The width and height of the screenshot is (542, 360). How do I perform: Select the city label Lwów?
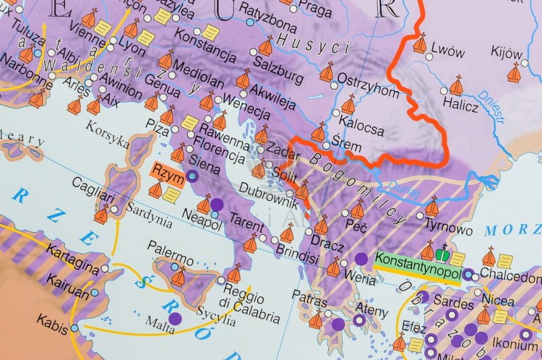[x=446, y=52]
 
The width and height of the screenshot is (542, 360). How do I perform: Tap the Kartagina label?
[x=72, y=258]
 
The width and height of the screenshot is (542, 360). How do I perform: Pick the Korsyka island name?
[x=107, y=132]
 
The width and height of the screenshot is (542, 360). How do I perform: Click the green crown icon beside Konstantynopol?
[x=441, y=252]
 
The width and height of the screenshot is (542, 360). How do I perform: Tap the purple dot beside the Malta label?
[x=174, y=318]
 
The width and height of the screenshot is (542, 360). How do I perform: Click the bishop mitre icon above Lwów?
[x=420, y=43]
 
